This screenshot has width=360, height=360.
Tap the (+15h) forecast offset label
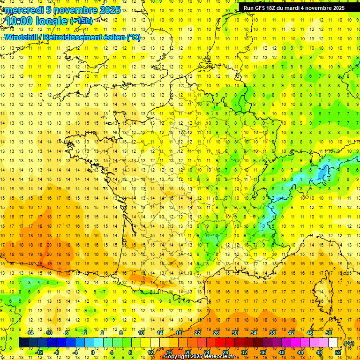[x=81, y=21]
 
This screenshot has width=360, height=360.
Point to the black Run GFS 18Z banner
[x=294, y=8]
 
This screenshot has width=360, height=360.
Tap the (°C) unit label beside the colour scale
[x=349, y=343]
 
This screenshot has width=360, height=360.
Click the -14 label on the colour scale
[x=30, y=333]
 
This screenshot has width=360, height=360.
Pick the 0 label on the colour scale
[x=93, y=352]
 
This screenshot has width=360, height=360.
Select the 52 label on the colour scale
[x=338, y=352]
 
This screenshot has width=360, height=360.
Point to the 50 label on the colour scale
[x=329, y=333]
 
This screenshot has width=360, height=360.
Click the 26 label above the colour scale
[x=216, y=333]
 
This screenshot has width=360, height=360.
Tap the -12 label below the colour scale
[x=39, y=352]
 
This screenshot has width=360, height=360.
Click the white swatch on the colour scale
[x=333, y=343]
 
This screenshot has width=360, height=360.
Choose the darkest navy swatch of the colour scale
[x=23, y=343]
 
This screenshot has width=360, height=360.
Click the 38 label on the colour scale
[x=272, y=333]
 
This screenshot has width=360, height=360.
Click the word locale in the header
[x=52, y=21]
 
